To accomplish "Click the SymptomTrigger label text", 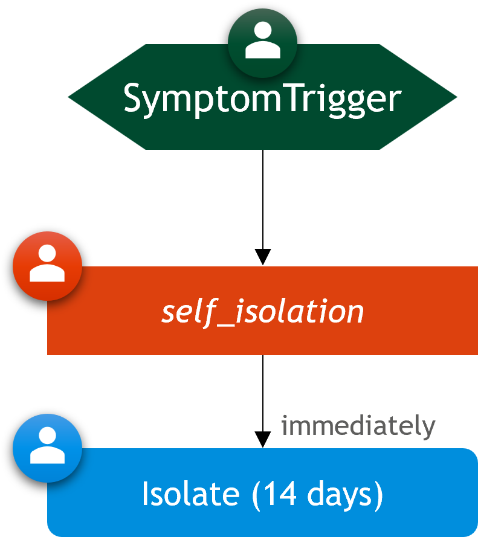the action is (x=262, y=99).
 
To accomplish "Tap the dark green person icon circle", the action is (x=262, y=43).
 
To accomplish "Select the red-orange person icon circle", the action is (x=47, y=266).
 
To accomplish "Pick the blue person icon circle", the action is (x=47, y=448).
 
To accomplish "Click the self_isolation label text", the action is (x=262, y=312).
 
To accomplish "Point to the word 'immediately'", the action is (x=358, y=426).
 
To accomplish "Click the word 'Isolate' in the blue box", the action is (x=190, y=494).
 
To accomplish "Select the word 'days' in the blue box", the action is (x=339, y=496).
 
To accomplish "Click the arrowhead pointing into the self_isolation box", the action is (x=263, y=257).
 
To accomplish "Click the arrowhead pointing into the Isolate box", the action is (x=263, y=439).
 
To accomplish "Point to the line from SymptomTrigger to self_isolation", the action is (x=263, y=199).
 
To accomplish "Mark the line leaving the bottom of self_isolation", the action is (x=263, y=393).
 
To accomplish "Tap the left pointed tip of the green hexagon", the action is (x=68, y=97).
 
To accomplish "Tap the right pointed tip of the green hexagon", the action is (x=457, y=97).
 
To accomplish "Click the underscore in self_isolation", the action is (x=225, y=325).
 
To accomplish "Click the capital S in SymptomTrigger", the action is (x=132, y=98).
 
